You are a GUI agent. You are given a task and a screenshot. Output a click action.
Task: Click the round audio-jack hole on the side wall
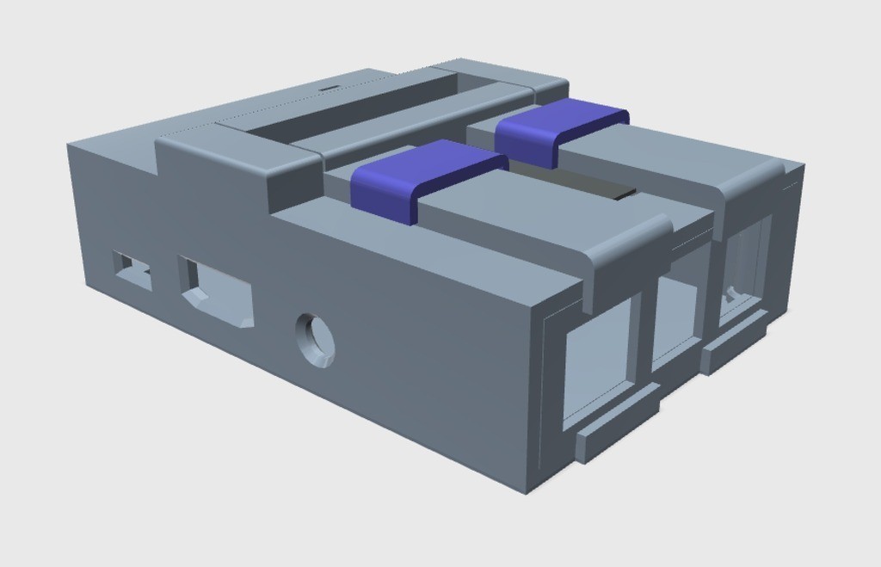coord(316,339)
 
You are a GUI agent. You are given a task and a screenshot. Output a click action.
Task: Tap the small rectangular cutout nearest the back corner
coord(132,270)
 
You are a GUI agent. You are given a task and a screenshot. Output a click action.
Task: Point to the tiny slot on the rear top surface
coord(329,88)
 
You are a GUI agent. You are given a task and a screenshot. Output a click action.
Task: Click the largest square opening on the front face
coord(595,362)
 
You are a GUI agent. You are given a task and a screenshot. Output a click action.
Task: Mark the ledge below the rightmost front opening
coord(736,341)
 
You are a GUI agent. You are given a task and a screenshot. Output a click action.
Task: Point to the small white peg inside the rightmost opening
coord(730,293)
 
